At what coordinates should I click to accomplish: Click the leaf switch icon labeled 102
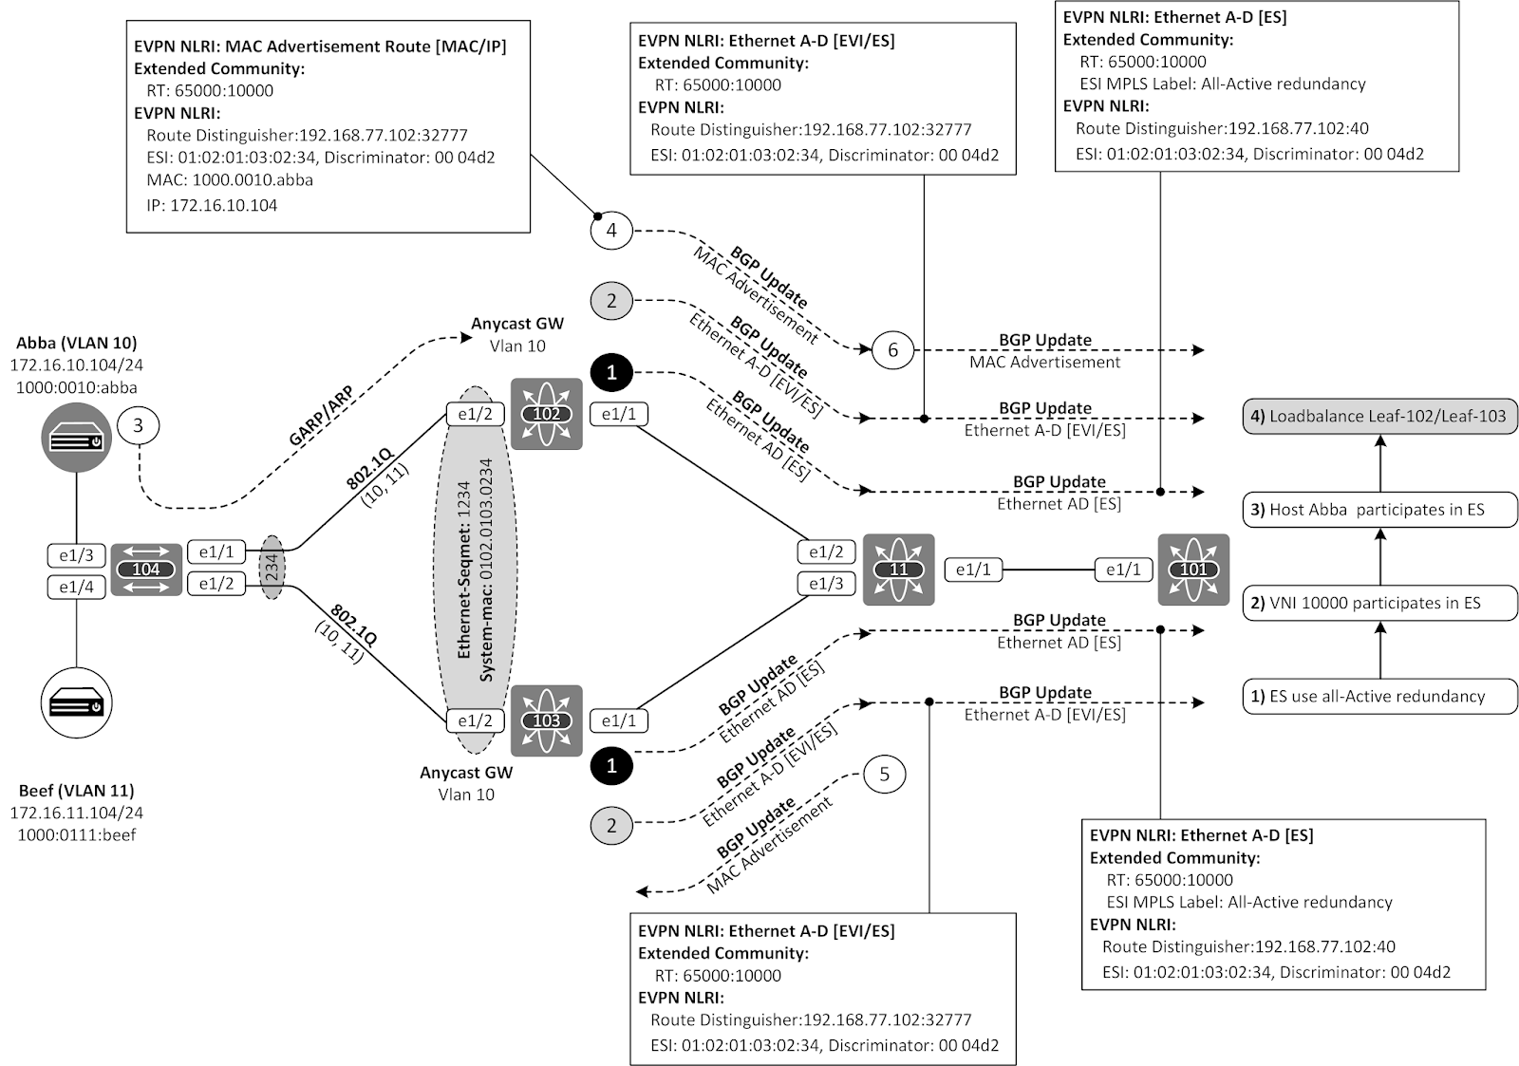pyautogui.click(x=546, y=414)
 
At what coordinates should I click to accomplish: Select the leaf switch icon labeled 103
pyautogui.click(x=546, y=720)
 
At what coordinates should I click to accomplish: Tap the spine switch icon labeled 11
pyautogui.click(x=898, y=570)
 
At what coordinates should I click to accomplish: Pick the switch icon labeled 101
pyautogui.click(x=1193, y=570)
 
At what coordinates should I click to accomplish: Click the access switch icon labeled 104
pyautogui.click(x=146, y=570)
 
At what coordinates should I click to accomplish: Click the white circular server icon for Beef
pyautogui.click(x=77, y=705)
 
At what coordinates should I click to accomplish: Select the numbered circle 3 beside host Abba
pyautogui.click(x=139, y=425)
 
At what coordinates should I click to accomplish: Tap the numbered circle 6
pyautogui.click(x=892, y=350)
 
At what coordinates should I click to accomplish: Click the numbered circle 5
pyautogui.click(x=884, y=775)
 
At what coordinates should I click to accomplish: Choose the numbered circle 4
pyautogui.click(x=611, y=231)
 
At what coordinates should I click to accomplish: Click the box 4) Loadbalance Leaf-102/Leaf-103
pyautogui.click(x=1379, y=416)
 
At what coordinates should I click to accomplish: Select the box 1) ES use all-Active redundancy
pyautogui.click(x=1379, y=696)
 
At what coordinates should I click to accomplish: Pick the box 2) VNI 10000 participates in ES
pyautogui.click(x=1379, y=603)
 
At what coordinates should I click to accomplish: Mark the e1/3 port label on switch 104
pyautogui.click(x=76, y=555)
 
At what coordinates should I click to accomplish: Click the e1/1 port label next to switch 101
pyautogui.click(x=1123, y=570)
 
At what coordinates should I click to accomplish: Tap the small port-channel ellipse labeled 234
pyautogui.click(x=272, y=569)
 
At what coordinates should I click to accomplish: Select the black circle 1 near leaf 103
pyautogui.click(x=611, y=765)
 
